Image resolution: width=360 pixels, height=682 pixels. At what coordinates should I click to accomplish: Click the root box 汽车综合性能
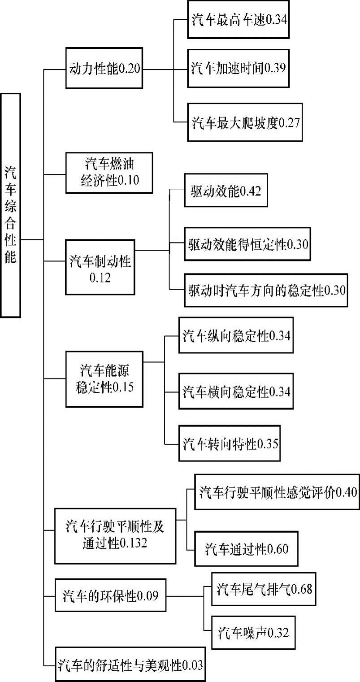tap(10, 205)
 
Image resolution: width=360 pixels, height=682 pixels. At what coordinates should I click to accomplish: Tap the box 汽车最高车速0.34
tap(239, 20)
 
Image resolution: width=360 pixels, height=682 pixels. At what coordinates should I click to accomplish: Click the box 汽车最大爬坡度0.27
tap(245, 122)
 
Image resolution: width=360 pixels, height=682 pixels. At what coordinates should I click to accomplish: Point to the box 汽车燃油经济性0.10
tap(110, 172)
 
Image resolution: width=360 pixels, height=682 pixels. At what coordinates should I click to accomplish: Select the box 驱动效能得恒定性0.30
tap(247, 244)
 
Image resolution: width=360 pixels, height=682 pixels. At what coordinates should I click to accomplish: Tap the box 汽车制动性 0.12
tap(100, 267)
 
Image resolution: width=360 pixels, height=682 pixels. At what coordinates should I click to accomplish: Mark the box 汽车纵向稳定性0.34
tap(236, 336)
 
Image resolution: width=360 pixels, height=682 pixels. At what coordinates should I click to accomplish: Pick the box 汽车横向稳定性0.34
tap(236, 391)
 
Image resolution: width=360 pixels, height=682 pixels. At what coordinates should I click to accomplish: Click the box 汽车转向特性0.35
tap(230, 443)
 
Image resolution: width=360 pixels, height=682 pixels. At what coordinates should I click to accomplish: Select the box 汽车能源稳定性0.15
tap(104, 379)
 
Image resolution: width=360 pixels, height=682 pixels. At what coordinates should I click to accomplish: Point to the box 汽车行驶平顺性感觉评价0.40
tap(277, 491)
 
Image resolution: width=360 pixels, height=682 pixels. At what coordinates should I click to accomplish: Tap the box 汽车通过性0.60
tap(247, 548)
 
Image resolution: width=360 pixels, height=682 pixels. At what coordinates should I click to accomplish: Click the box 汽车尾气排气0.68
tap(264, 588)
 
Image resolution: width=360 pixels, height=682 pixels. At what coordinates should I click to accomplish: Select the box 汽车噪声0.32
tap(253, 632)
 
